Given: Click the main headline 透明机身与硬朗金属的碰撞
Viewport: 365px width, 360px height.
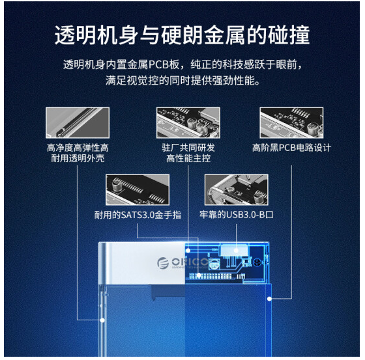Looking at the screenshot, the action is coord(182,35).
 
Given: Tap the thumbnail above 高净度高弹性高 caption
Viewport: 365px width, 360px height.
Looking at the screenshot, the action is coord(78,122).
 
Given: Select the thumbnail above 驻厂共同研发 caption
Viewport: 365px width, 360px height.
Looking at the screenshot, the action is coord(188,122).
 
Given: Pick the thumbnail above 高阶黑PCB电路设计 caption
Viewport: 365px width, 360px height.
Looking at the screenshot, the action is coord(291,122).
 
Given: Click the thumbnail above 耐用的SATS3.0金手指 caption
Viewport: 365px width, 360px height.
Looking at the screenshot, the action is coord(138,190).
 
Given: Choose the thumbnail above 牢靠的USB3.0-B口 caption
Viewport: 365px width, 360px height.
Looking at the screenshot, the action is coord(236,190).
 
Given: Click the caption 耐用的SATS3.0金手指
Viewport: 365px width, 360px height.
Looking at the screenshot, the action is coord(138,215).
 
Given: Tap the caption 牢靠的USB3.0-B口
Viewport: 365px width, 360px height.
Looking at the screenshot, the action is coord(236,215).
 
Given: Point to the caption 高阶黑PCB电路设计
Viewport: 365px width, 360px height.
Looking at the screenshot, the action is coord(291,147).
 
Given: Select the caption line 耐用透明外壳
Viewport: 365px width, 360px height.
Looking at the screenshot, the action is coord(78,158).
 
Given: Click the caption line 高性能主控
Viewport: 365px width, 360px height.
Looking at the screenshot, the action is coord(188,158).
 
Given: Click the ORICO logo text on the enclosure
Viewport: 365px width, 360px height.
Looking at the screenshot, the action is coord(190,262).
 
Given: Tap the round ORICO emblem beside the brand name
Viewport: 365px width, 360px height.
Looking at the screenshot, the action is coord(163,263).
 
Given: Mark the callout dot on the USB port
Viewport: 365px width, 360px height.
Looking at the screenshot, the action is coord(236,251).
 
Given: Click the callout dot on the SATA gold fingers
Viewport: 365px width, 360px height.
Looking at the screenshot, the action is coord(199,275).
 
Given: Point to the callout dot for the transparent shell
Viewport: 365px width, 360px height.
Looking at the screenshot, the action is coord(102,320).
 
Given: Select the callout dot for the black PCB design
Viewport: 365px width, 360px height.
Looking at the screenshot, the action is coord(269,299).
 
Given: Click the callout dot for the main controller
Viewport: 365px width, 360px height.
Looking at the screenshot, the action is coord(188,251).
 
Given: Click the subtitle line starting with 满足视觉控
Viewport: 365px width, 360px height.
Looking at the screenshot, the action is coord(182,81).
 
